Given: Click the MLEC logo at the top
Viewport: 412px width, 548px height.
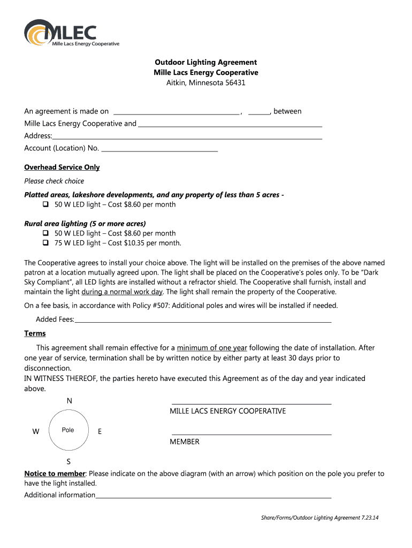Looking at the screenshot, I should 72,33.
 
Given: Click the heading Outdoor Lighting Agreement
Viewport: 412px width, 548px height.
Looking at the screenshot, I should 205,62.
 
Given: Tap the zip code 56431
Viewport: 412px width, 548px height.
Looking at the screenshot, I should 234,83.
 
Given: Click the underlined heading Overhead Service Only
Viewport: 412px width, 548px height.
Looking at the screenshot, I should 62,167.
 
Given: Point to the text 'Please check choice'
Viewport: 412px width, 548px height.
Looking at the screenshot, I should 54,181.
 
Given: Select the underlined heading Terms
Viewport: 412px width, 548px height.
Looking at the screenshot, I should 35,333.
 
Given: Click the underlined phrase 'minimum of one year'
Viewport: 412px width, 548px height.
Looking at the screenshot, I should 212,348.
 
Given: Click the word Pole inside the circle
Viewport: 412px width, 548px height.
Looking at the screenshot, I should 68,430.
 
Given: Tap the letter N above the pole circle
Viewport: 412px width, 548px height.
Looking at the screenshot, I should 69,401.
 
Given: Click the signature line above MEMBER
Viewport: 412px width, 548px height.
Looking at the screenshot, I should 251,433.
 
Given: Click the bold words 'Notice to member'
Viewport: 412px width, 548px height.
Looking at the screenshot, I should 55,474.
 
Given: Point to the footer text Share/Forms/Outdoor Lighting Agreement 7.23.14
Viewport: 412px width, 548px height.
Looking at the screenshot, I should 319,518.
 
